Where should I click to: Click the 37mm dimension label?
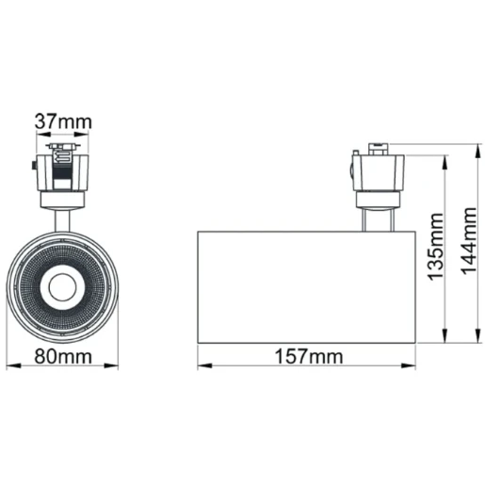point(64,121)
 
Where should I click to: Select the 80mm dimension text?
point(64,356)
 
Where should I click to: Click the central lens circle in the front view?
point(64,285)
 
